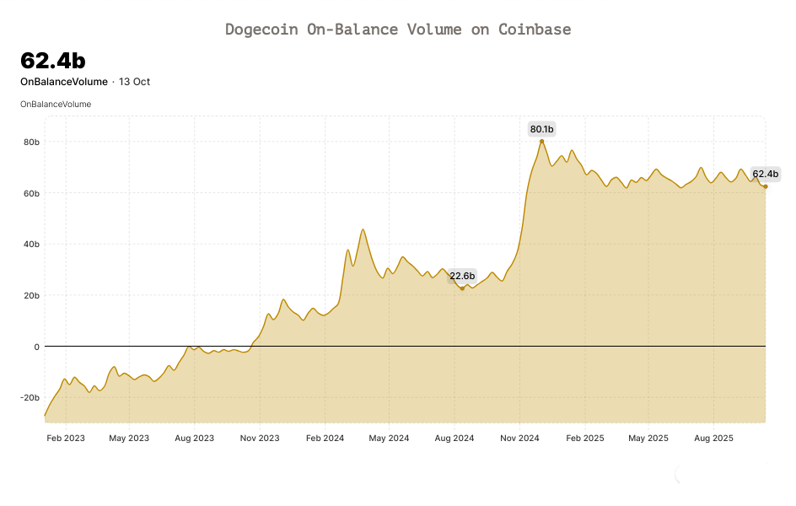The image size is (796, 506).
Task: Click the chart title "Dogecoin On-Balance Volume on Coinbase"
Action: [398, 30]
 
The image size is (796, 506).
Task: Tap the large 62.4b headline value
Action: [52, 61]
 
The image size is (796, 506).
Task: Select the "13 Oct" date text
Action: [134, 82]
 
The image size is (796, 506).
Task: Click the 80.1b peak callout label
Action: [541, 129]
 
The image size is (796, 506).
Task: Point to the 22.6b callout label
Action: [462, 276]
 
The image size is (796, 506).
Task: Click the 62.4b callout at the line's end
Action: [765, 175]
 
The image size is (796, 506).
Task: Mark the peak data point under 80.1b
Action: [541, 141]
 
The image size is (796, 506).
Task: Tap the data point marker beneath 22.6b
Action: [462, 288]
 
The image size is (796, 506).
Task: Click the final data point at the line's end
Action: [766, 186]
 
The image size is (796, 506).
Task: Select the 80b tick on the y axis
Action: [31, 142]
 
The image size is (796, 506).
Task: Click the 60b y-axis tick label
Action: [31, 193]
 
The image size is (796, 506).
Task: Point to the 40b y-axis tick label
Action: [31, 245]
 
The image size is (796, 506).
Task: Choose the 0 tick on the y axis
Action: [37, 347]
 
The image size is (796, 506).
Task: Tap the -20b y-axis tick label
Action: [30, 397]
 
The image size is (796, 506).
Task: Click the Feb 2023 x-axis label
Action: [65, 439]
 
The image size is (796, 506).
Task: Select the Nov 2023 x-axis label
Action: [260, 439]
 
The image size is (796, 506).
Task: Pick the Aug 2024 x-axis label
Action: [454, 439]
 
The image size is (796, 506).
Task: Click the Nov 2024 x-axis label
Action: [519, 439]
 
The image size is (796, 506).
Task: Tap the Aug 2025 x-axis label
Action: [713, 439]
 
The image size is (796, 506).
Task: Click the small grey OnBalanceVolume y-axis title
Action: [56, 104]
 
